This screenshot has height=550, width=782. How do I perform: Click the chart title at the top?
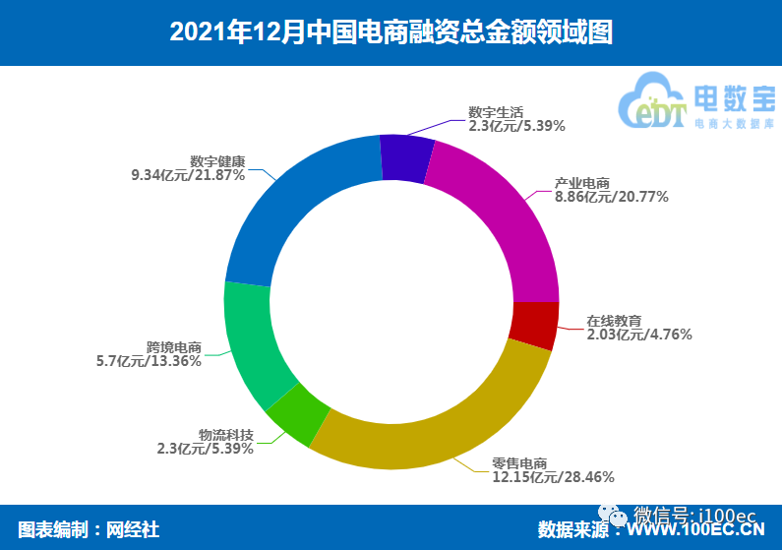pyautogui.click(x=391, y=31)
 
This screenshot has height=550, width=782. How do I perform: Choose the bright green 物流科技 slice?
pyautogui.click(x=292, y=414)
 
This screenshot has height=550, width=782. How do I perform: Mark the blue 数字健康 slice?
pyautogui.click(x=295, y=208)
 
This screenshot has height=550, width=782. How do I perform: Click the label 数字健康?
pyautogui.click(x=217, y=160)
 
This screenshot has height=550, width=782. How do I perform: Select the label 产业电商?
pyautogui.click(x=582, y=183)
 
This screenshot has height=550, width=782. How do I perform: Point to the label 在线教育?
pyautogui.click(x=614, y=320)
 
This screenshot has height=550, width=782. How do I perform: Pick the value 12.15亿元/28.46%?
pyautogui.click(x=554, y=477)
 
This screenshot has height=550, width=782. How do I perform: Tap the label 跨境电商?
pyautogui.click(x=174, y=347)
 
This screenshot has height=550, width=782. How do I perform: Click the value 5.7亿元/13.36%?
pyautogui.click(x=149, y=361)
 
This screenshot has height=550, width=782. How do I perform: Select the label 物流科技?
pyautogui.click(x=226, y=435)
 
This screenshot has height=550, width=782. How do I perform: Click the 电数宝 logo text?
pyautogui.click(x=733, y=98)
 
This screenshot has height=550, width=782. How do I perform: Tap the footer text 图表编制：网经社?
pyautogui.click(x=89, y=528)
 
